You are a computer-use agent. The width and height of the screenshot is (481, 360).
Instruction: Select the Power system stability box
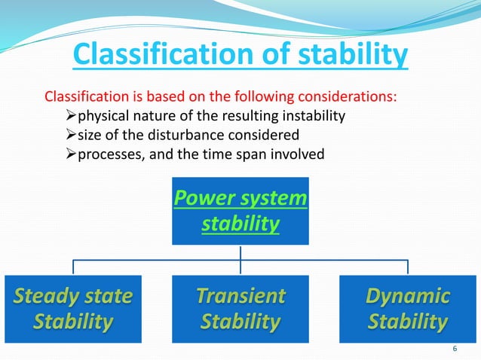coord(240,211)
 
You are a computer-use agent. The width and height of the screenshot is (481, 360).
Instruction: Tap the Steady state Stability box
coord(73,309)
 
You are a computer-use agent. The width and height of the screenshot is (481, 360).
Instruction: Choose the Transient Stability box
coord(240,309)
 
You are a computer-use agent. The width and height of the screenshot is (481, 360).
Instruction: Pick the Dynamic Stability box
coord(408,309)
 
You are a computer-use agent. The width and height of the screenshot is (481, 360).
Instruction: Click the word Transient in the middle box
coord(240,296)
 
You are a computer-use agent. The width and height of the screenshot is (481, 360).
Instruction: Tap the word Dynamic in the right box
coord(408,296)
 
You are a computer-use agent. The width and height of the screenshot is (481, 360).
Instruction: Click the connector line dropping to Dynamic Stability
coord(408,267)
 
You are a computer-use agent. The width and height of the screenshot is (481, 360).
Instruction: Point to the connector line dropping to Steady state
coord(73,267)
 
